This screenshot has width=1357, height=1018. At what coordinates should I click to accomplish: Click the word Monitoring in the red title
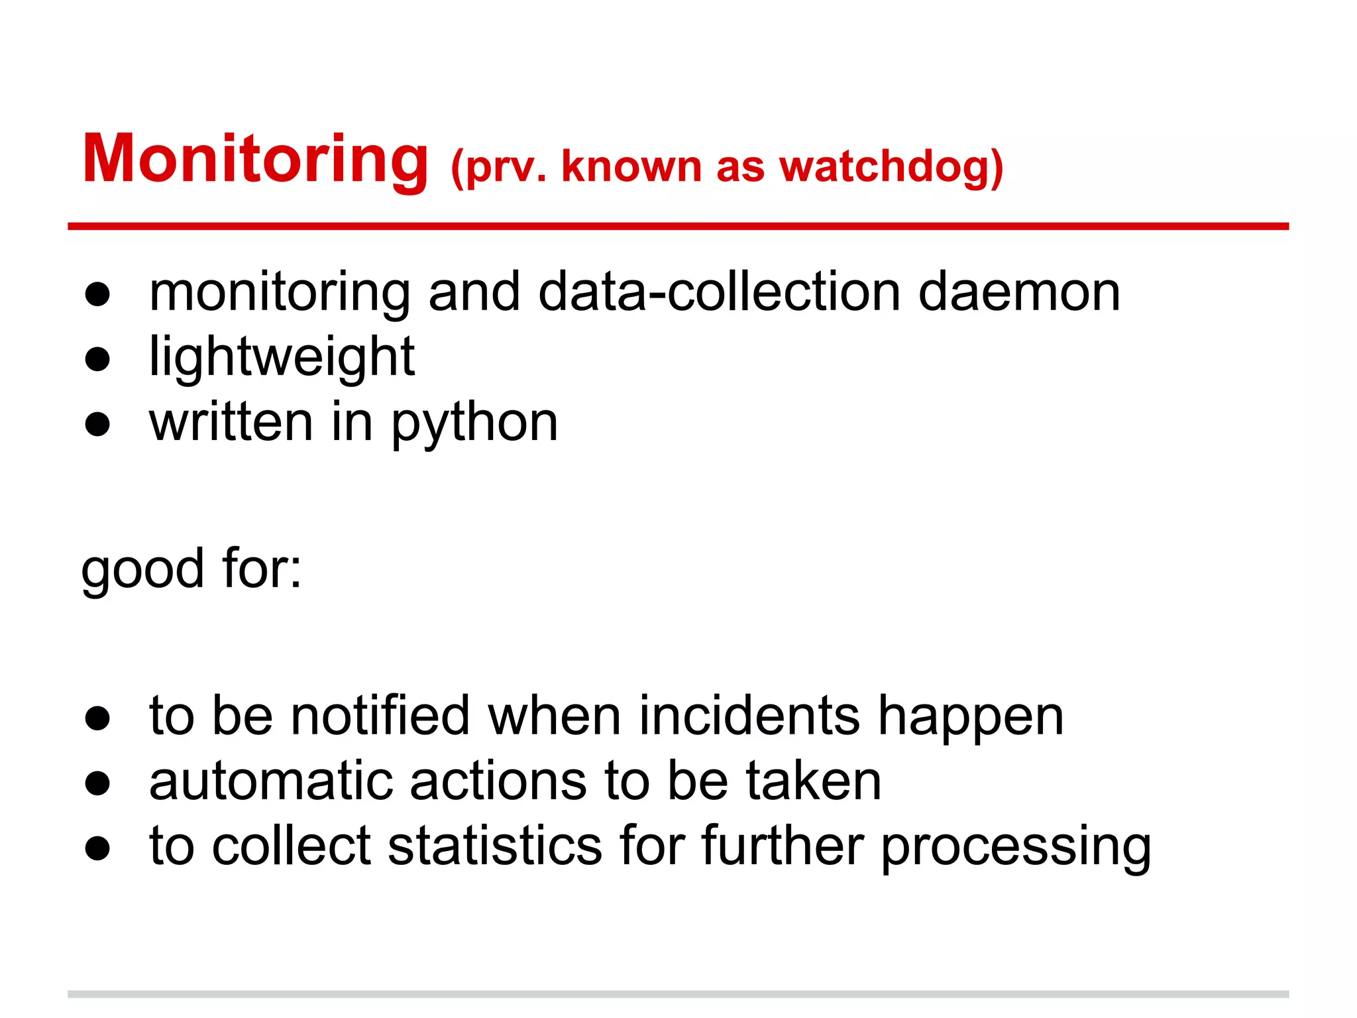(255, 160)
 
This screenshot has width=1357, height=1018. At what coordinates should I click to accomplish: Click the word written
(231, 422)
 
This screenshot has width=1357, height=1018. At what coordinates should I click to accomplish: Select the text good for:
(191, 569)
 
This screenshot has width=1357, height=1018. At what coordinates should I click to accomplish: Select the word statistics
(495, 846)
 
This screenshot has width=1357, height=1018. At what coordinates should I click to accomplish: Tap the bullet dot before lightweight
(97, 360)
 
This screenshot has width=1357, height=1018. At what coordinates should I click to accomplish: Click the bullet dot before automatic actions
(97, 783)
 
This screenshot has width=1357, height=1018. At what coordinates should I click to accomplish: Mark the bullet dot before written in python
(97, 425)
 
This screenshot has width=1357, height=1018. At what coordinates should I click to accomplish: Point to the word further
(783, 846)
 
